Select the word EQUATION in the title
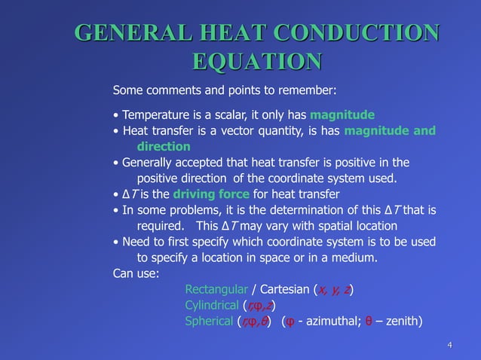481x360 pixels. tap(257, 62)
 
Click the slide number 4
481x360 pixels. tap(449, 346)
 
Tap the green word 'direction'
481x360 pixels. tap(163, 146)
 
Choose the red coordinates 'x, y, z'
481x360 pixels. tap(334, 289)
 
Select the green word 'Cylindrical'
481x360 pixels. tap(211, 305)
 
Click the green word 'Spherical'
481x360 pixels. tap(209, 322)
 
